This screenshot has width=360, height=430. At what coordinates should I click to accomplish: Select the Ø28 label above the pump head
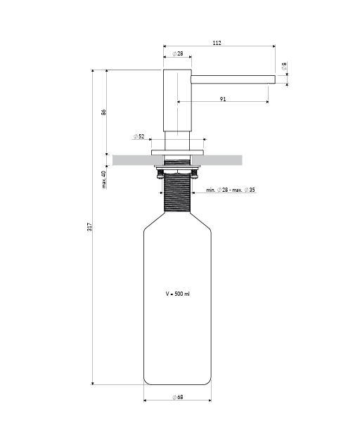click(x=178, y=53)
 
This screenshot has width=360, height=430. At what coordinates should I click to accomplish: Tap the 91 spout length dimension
click(x=222, y=99)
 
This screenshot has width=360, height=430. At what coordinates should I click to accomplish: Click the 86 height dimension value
click(x=103, y=112)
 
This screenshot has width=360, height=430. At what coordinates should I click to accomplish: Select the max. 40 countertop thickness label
click(x=103, y=180)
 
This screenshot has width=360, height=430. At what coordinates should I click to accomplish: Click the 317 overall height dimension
click(x=89, y=228)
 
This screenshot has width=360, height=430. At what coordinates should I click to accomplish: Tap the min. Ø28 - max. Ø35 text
click(x=231, y=190)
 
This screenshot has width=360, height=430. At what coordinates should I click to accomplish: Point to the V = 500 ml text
click(x=177, y=292)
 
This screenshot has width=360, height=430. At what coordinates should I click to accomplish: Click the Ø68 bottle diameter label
click(x=177, y=398)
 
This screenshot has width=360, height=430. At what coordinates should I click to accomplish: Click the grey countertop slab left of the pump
click(x=130, y=160)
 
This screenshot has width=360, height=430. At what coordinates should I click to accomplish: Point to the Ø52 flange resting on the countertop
click(x=177, y=152)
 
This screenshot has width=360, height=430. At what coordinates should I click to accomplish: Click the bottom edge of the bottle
click(x=177, y=384)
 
